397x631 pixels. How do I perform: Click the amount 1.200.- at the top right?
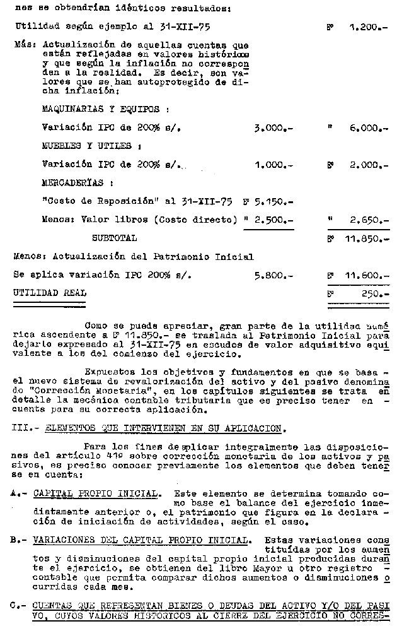(x=369, y=28)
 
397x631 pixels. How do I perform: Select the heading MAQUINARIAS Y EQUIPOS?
(x=105, y=109)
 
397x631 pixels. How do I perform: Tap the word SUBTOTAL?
(x=114, y=239)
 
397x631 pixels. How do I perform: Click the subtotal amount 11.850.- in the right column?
(x=367, y=239)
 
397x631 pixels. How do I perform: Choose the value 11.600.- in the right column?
(x=367, y=276)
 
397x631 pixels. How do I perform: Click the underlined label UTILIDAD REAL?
(x=50, y=293)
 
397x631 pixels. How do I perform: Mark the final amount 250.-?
(x=376, y=294)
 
